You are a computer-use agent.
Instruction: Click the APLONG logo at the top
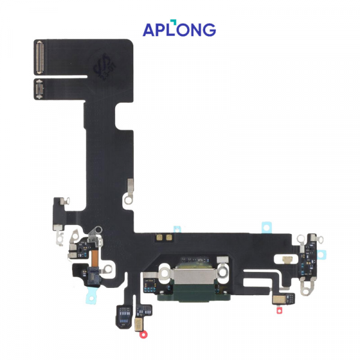click(x=179, y=28)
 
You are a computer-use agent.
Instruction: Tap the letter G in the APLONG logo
click(x=209, y=30)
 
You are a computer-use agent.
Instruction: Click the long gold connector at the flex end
click(x=40, y=58)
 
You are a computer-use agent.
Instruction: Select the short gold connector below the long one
click(x=39, y=89)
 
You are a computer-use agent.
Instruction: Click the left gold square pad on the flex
click(x=159, y=238)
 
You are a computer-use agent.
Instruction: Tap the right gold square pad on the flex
click(x=169, y=238)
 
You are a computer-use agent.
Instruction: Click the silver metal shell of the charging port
click(x=194, y=277)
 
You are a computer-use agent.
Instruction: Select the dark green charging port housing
click(x=194, y=294)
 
